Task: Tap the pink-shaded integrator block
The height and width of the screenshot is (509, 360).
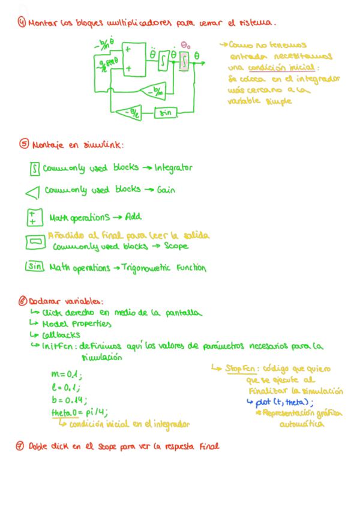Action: coord(184,60)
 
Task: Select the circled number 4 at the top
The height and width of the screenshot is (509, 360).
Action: coord(22,23)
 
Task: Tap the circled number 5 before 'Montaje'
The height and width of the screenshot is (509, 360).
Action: coord(24,144)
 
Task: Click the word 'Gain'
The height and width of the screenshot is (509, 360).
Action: coord(166,190)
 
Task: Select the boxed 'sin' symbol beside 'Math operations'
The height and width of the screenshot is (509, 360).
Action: coord(34,267)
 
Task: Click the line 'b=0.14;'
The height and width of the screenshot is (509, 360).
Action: coord(70,400)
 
